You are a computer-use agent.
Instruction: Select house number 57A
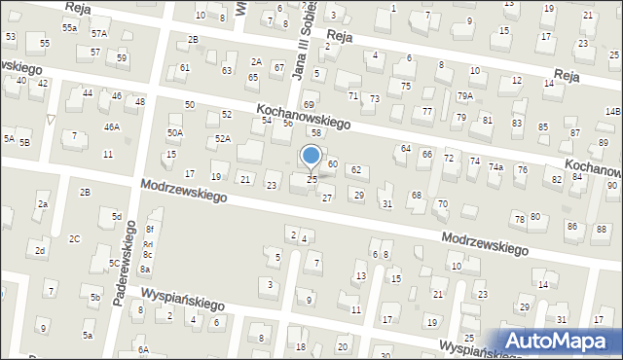[99, 34]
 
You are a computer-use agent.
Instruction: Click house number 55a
[69, 29]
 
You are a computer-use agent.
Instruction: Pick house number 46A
[112, 126]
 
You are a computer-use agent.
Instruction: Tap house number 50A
[175, 132]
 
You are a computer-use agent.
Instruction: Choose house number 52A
[223, 139]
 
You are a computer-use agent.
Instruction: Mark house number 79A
[465, 95]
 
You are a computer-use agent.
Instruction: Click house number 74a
[495, 167]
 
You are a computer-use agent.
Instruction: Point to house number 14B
[612, 112]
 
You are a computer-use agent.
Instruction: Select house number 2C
[74, 238]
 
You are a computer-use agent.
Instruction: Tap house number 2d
[40, 251]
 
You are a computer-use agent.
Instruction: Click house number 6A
[142, 349]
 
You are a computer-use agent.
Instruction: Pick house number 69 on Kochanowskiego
[309, 104]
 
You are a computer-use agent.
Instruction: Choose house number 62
[356, 170]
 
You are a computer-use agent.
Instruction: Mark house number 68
[416, 196]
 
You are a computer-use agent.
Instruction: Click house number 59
[122, 58]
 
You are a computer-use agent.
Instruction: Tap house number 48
[140, 101]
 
